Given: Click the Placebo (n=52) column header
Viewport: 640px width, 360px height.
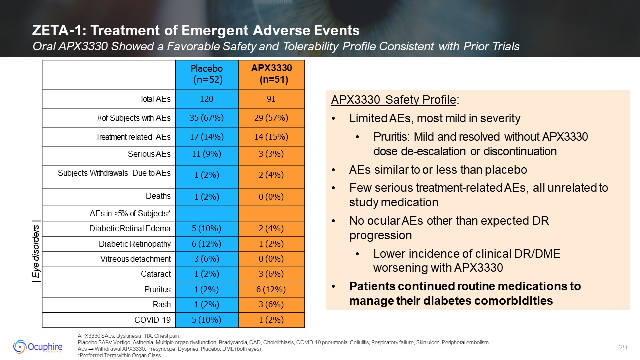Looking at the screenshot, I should pos(206,74).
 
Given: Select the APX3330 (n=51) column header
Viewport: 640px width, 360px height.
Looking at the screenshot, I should pos(271,74).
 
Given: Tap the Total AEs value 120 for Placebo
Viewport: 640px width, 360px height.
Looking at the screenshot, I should pos(206,99).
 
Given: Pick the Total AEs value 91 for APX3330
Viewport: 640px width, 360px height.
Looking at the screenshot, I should pos(271,99).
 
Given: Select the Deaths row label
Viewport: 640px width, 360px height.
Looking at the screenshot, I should pos(158,196).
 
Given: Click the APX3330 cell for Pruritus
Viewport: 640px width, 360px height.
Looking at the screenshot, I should pos(271,289).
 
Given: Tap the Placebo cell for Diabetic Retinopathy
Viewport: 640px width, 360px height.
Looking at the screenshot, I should pos(206,244).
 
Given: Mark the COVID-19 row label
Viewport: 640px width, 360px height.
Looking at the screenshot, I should pos(153,320).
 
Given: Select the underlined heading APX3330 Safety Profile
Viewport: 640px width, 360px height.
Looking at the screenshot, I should pos(393,100).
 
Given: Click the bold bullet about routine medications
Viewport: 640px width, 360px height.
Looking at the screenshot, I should pos(465,293).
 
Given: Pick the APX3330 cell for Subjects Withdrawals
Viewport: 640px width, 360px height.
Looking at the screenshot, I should pos(271,175).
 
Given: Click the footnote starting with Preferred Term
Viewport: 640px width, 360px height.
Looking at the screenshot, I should pos(118,355).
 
